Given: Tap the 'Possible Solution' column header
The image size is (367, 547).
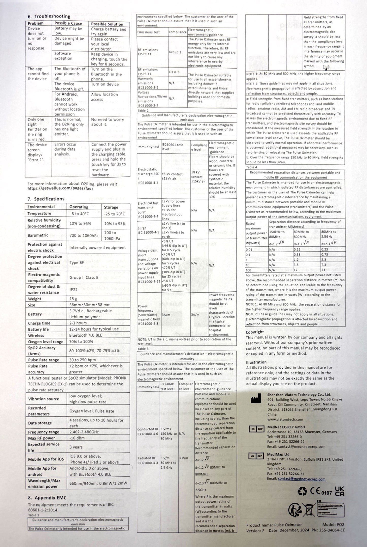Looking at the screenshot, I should pyautogui.click(x=107, y=24).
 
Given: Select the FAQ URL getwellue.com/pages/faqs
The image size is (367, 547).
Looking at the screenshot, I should pyautogui.click(x=60, y=189).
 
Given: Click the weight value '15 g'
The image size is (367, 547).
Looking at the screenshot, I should pyautogui.click(x=74, y=299).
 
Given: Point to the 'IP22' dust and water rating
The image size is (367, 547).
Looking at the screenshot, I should pyautogui.click(x=74, y=289).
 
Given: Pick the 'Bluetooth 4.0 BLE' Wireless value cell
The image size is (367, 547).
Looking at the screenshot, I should pyautogui.click(x=86, y=335).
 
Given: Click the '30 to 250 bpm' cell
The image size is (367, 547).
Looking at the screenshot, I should pyautogui.click(x=83, y=360).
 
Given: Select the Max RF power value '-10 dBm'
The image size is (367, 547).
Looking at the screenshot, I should pyautogui.click(x=77, y=438).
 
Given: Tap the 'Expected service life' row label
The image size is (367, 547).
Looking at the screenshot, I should pyautogui.click(x=44, y=447).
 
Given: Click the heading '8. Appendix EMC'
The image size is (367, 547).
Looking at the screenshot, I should pyautogui.click(x=47, y=498).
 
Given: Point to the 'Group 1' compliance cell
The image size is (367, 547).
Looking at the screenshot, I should pyautogui.click(x=175, y=52).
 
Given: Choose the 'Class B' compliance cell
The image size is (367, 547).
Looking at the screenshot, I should pyautogui.click(x=174, y=72).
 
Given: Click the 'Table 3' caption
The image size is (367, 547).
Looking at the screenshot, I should pyautogui.click(x=143, y=349).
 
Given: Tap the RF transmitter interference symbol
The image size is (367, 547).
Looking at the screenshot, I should pyautogui.click(x=326, y=67).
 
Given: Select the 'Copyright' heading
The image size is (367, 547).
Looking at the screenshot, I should pyautogui.click(x=255, y=332).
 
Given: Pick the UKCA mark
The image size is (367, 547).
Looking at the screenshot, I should pyautogui.click(x=340, y=491).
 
